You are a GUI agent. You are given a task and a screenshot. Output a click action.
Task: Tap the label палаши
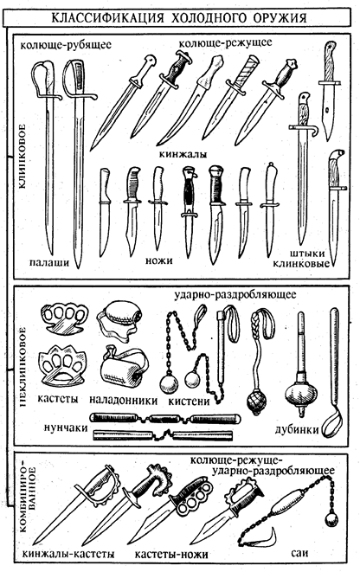click(x=49, y=262)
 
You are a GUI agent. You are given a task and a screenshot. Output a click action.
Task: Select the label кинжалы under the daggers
click(x=183, y=153)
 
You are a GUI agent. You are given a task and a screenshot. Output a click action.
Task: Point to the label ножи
click(x=158, y=260)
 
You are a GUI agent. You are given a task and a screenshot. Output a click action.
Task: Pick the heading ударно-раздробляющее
click(x=235, y=294)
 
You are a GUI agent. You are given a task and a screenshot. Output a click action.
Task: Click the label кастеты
click(x=58, y=398)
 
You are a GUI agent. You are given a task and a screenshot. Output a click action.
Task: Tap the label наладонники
click(x=123, y=400)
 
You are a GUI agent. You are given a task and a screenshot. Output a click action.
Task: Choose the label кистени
click(x=189, y=402)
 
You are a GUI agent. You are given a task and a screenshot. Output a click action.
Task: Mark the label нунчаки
click(x=66, y=427)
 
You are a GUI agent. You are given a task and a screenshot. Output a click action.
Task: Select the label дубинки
click(x=297, y=429)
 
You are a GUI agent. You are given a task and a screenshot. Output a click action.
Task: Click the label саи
click(x=299, y=553)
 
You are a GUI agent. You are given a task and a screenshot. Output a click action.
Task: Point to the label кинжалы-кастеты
click(x=68, y=554)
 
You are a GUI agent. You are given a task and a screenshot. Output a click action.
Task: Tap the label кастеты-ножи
click(x=171, y=555)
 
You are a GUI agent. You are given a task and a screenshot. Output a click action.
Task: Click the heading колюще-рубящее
click(x=66, y=45)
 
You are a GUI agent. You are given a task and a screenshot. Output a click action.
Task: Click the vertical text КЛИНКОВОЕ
click(x=21, y=156)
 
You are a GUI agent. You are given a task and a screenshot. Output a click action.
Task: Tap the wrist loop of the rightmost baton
click(x=332, y=423)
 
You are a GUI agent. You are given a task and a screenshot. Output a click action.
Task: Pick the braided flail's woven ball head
click(x=256, y=402)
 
